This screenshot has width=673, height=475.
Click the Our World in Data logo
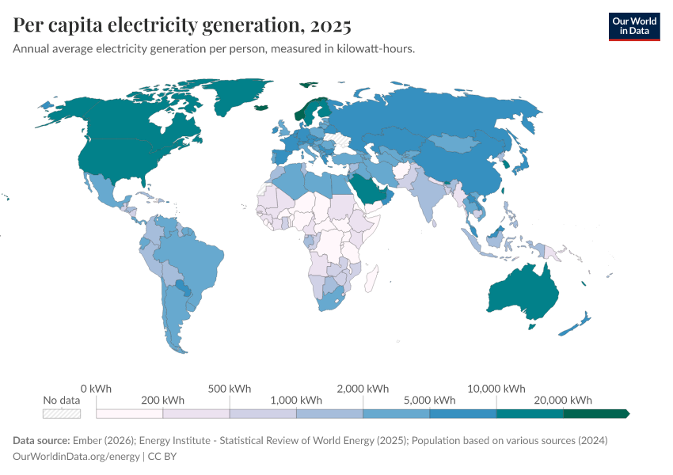[633, 26]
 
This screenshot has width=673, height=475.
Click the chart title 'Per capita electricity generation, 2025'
[182, 26]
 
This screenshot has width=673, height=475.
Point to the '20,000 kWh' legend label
[565, 400]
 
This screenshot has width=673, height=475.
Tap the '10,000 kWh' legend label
[497, 389]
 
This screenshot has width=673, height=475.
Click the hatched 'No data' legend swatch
[62, 413]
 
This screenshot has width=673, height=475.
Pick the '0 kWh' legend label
[96, 389]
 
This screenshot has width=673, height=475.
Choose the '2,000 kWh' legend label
[363, 389]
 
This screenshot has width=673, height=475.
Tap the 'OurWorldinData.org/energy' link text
[76, 457]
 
